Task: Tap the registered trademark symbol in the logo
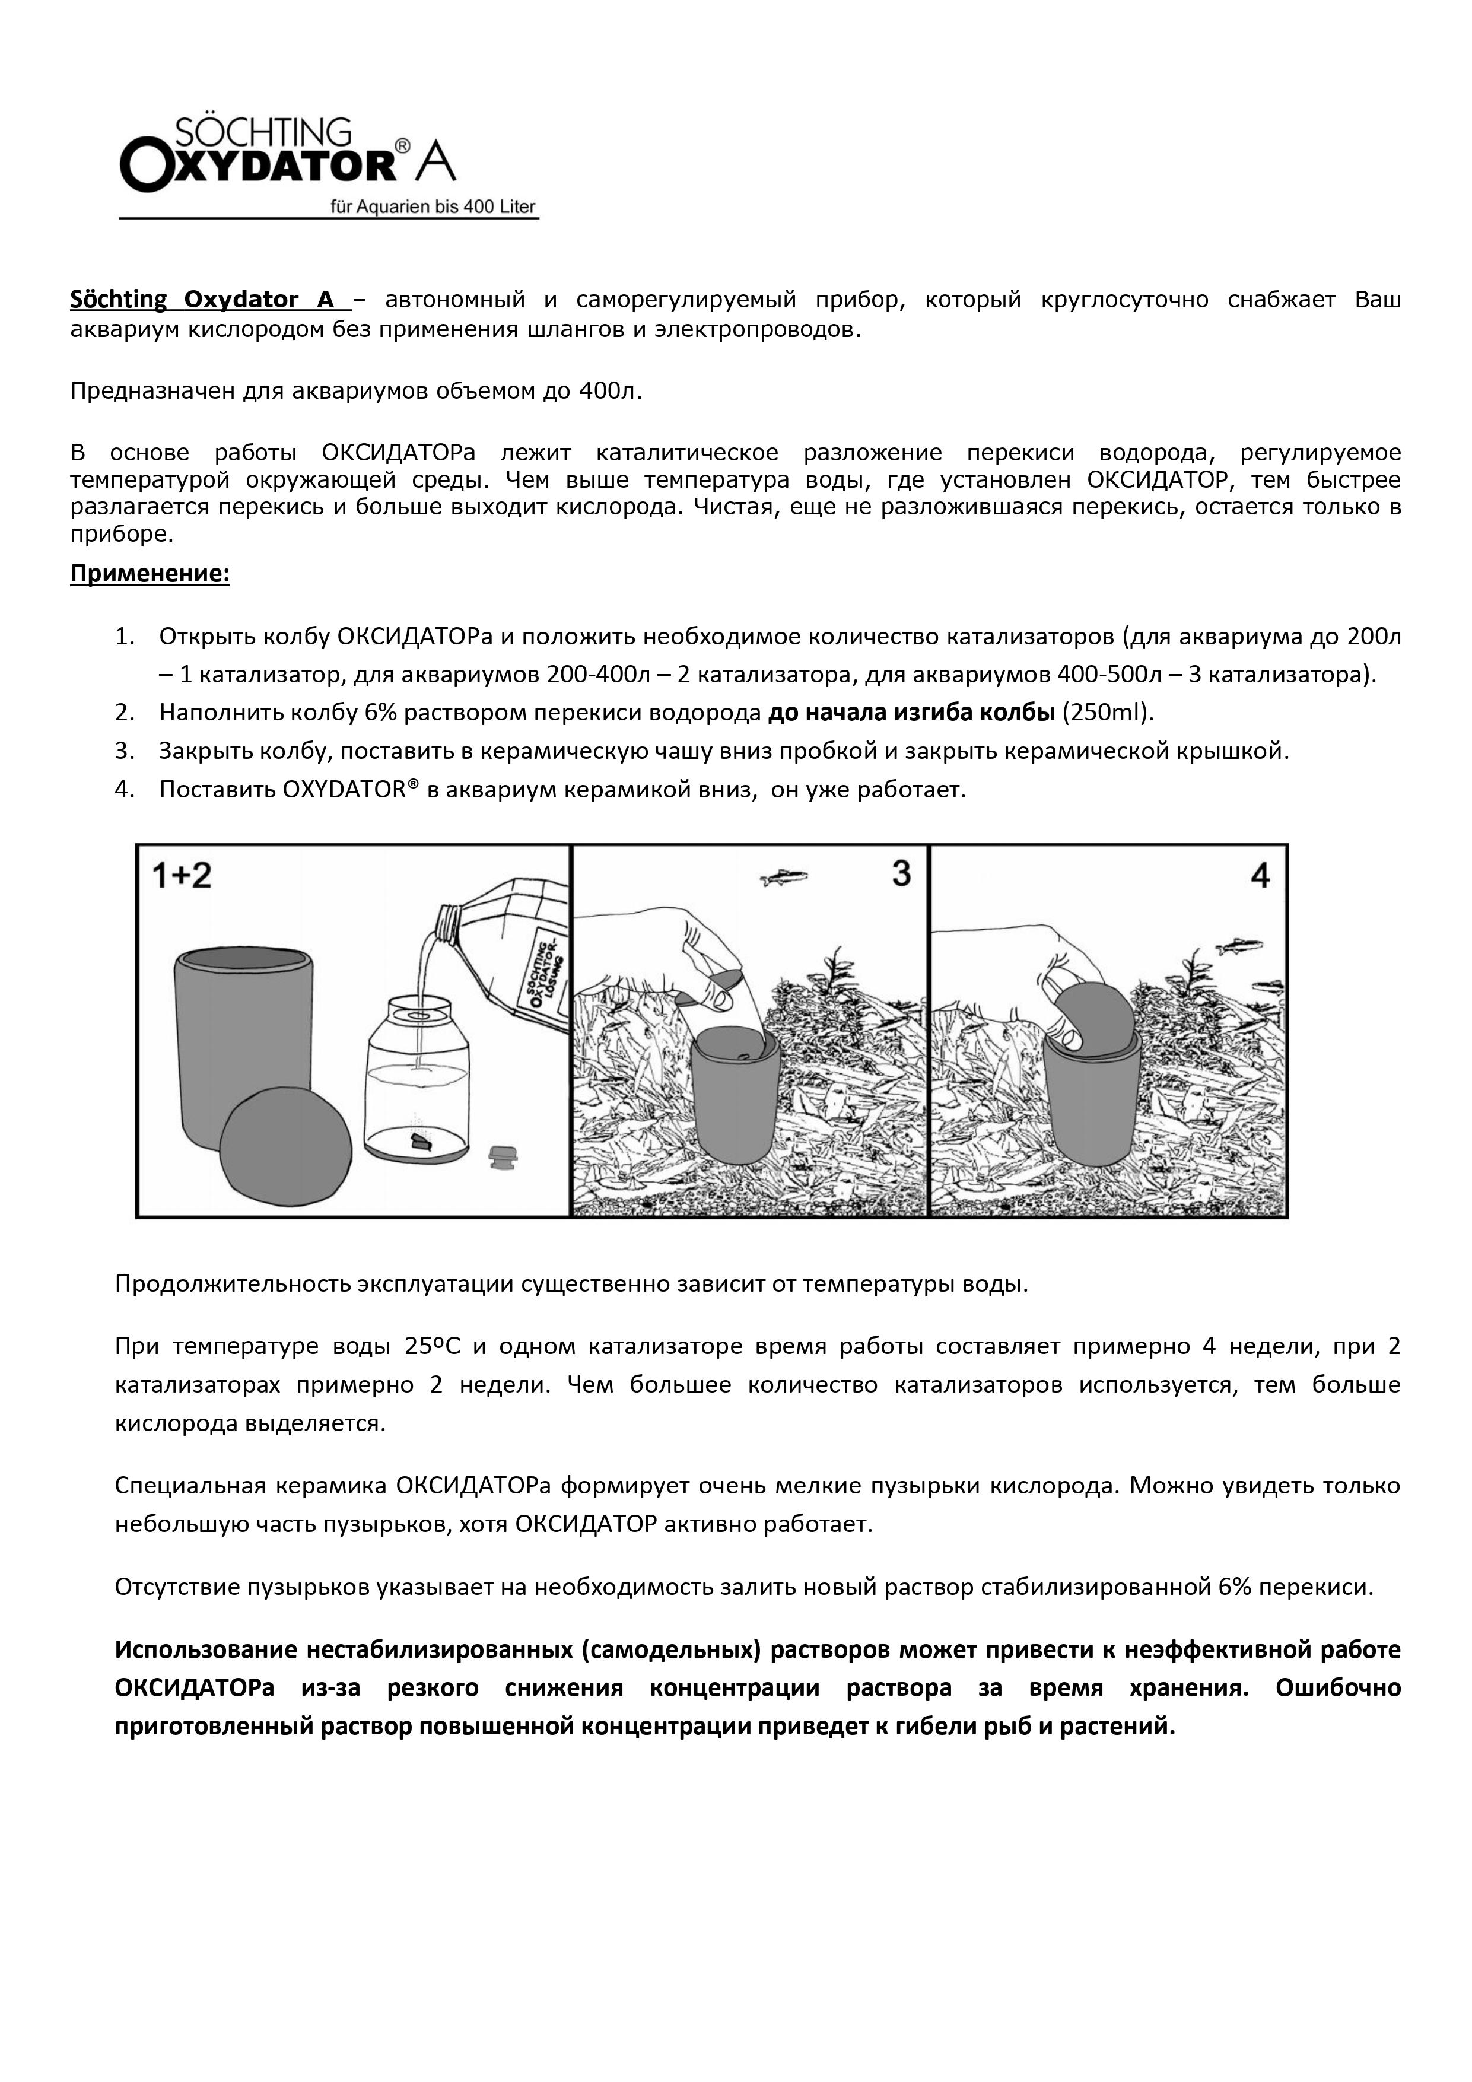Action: coord(403,145)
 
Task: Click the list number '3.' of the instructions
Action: coord(125,751)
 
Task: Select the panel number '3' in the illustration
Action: coord(901,873)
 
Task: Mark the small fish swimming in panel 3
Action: coord(784,876)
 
